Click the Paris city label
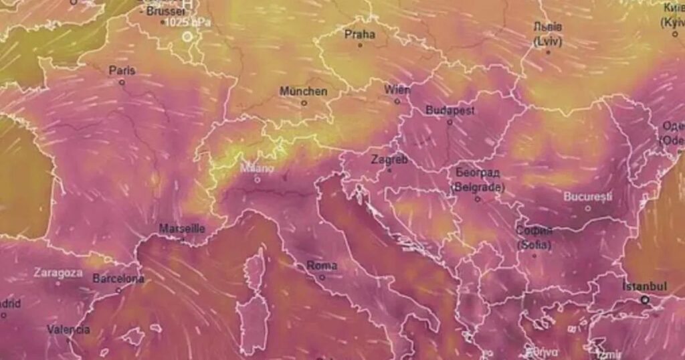[122, 70]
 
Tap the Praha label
[360, 34]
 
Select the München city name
[303, 91]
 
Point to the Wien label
[397, 90]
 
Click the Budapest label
[450, 110]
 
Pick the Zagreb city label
[389, 160]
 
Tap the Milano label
[257, 168]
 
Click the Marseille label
[182, 229]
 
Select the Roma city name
[322, 266]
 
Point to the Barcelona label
[118, 278]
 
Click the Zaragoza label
[58, 273]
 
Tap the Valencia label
[68, 329]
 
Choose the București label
[588, 197]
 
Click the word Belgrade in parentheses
[478, 188]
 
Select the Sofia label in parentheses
[534, 245]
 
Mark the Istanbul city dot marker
[646, 300]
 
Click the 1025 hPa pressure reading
[187, 22]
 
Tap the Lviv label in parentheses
[548, 41]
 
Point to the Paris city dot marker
[122, 82]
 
